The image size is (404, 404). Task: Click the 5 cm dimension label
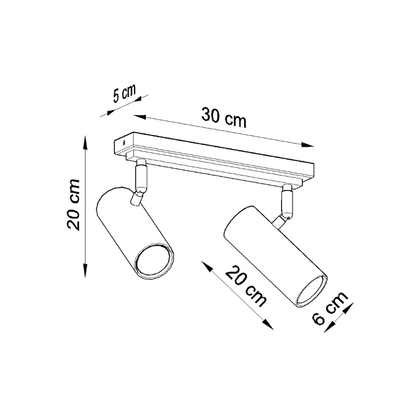point(125,93)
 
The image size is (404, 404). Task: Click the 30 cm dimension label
point(224,118)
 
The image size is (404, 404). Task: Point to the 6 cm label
point(330,308)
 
